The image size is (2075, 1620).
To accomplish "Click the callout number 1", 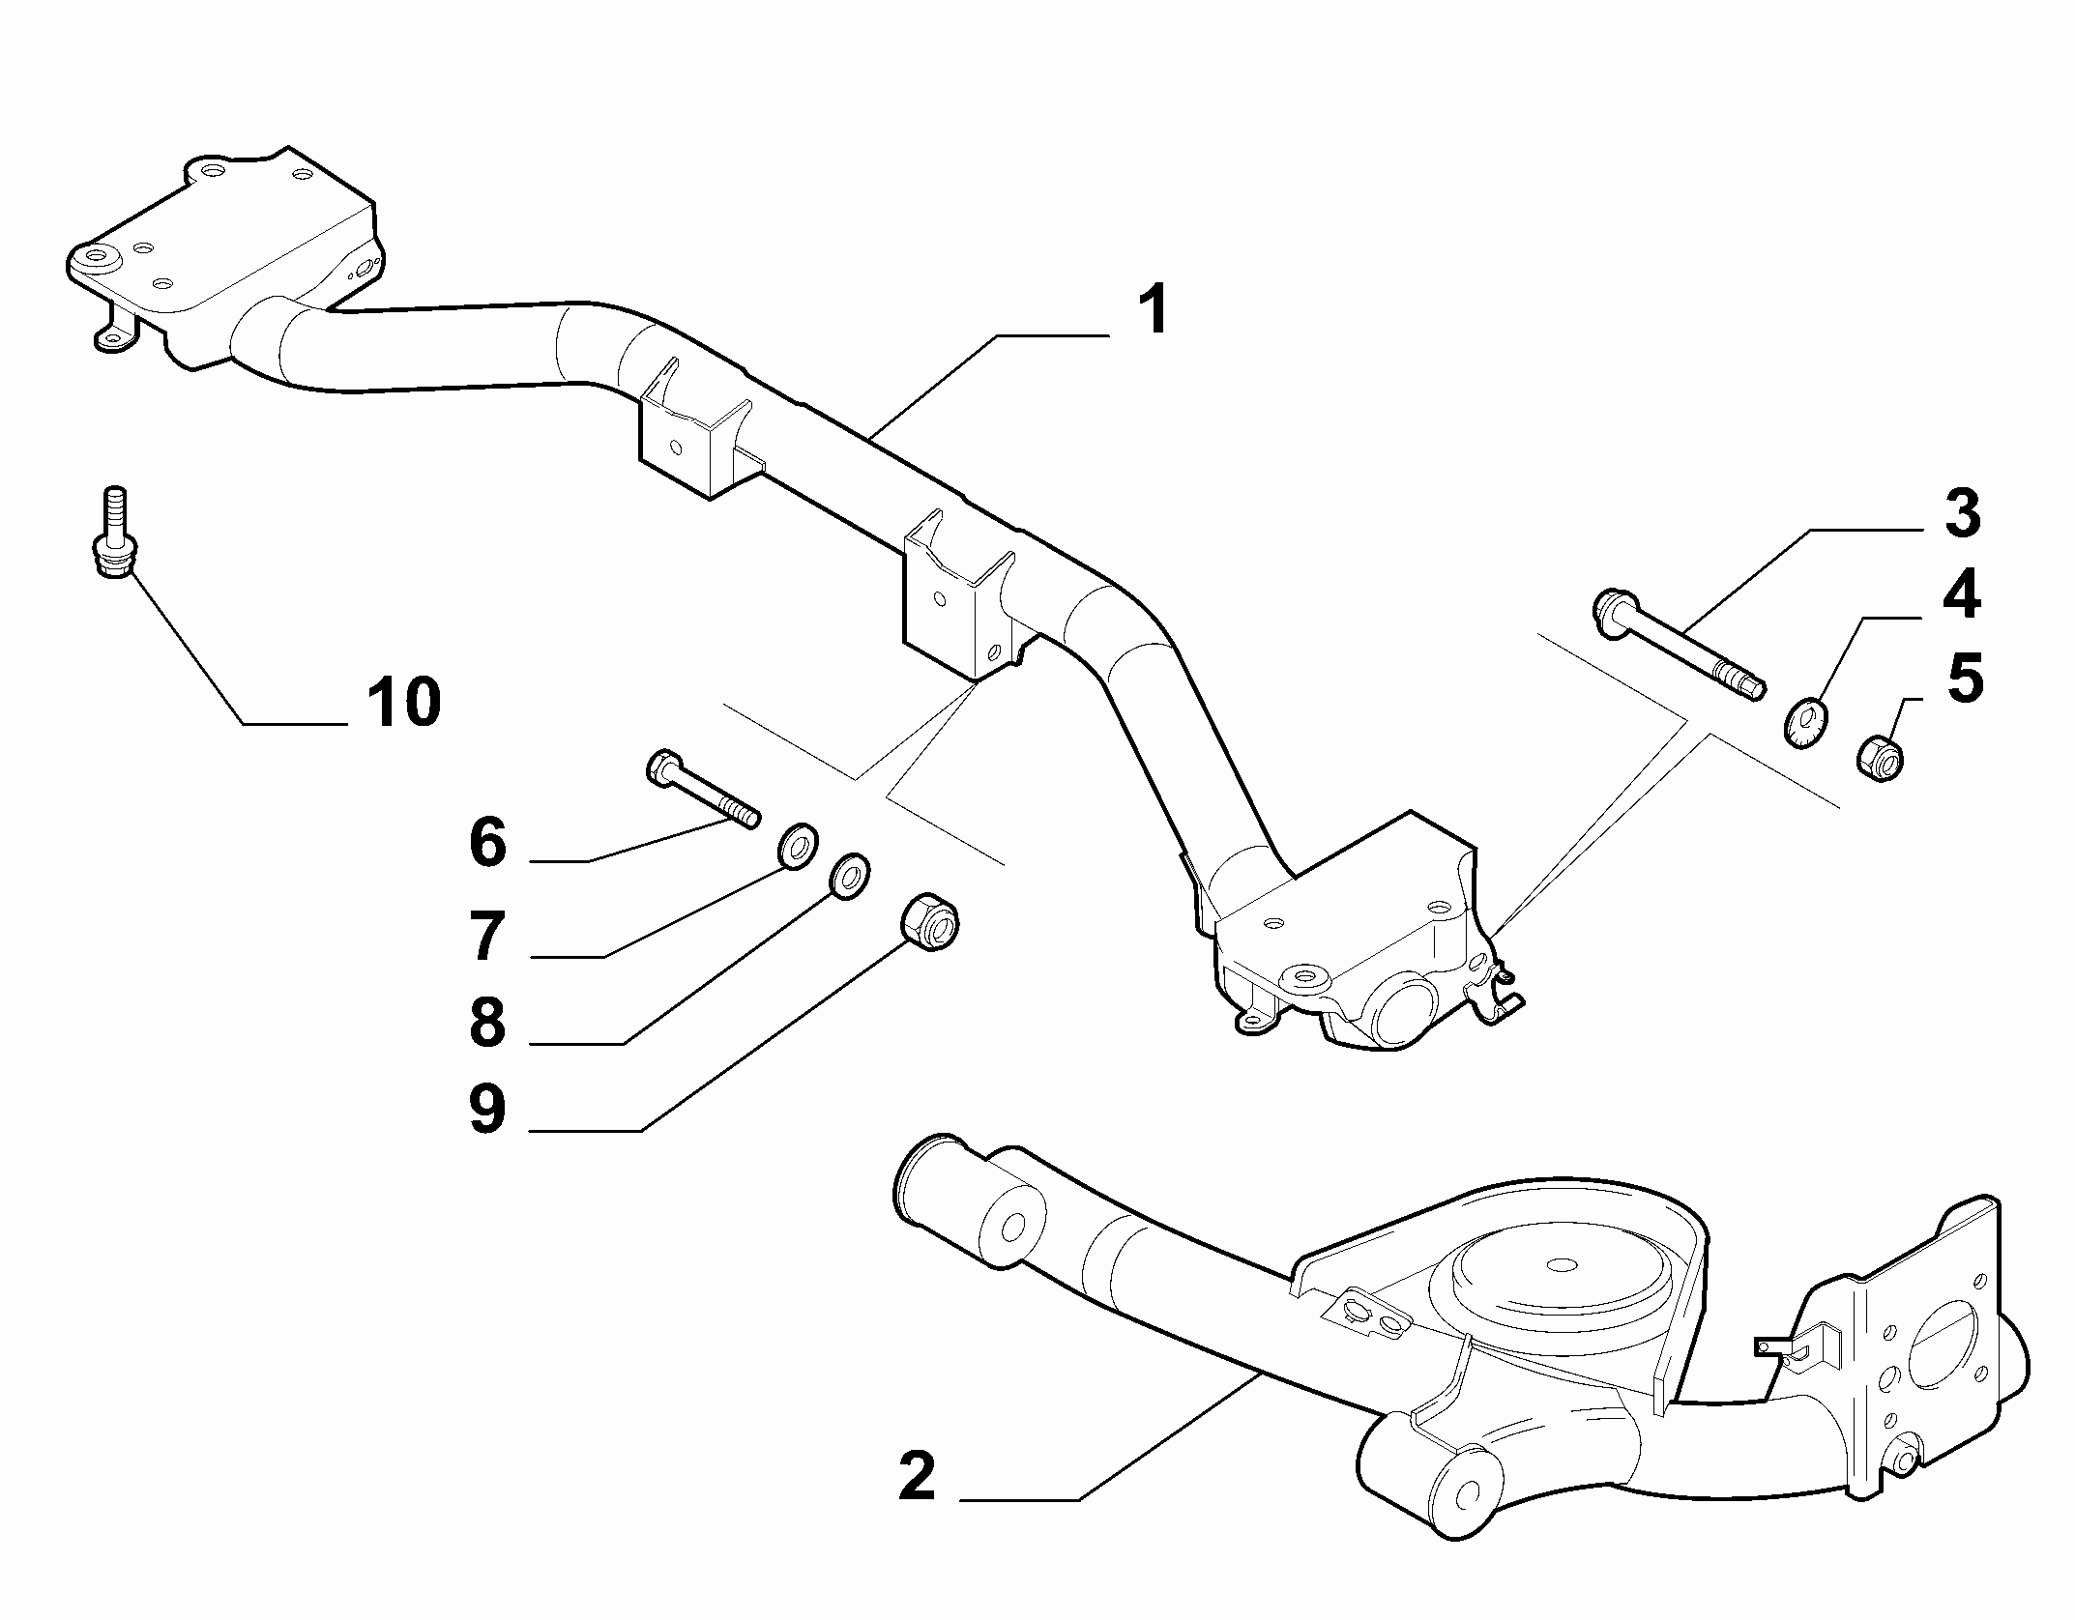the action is click(1151, 309).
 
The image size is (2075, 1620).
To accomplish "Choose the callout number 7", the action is click(488, 936).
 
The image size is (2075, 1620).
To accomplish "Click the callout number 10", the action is click(404, 702).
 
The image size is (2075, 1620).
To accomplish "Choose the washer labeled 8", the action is click(850, 876).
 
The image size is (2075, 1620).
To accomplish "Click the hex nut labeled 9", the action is click(931, 922).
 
